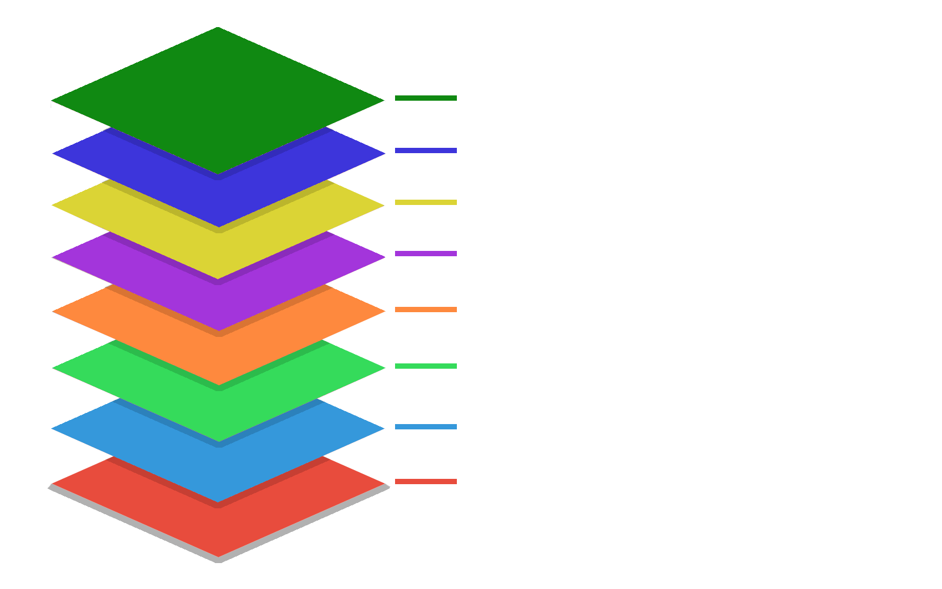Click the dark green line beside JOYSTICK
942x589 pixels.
(x=426, y=98)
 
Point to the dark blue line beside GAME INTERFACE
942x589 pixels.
(x=426, y=151)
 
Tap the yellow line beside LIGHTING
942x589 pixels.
(x=426, y=203)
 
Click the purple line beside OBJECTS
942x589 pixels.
(x=426, y=254)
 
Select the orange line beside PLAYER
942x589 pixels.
(x=426, y=310)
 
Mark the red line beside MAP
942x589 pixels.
(x=426, y=482)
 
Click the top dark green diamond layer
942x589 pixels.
(x=218, y=100)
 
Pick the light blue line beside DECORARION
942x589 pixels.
(x=426, y=427)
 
